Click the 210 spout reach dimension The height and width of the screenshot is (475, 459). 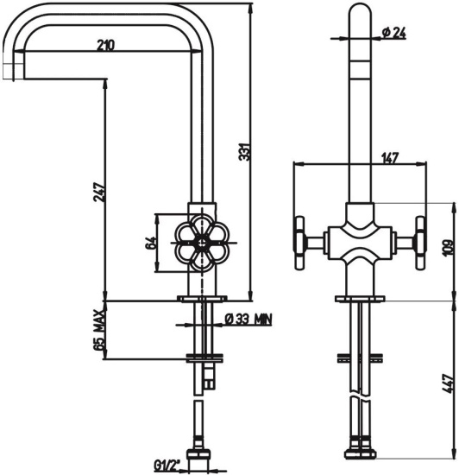coord(106,45)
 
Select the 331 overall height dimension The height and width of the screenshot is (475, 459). coord(246,151)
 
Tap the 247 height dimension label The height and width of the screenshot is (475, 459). coord(99,193)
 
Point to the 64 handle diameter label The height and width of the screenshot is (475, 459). coord(151,243)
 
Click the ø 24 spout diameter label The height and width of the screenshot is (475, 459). coord(394,33)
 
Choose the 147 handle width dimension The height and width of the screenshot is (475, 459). coord(390,157)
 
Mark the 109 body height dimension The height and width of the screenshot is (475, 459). coord(449,247)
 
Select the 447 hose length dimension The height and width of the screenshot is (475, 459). coord(449,383)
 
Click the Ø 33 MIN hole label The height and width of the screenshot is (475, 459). coord(248,319)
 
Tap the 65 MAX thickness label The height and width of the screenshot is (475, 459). coord(99,330)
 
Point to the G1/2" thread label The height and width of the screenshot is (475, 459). coord(167,465)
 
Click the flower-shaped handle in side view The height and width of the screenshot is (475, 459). coord(203,243)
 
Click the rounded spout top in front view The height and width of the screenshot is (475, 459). coord(360,12)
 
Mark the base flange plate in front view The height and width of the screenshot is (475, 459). coord(360,299)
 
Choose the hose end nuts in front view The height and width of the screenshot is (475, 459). coord(360,452)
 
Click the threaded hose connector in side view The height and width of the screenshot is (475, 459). coord(198,454)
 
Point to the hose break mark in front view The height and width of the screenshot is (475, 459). coord(360,398)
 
